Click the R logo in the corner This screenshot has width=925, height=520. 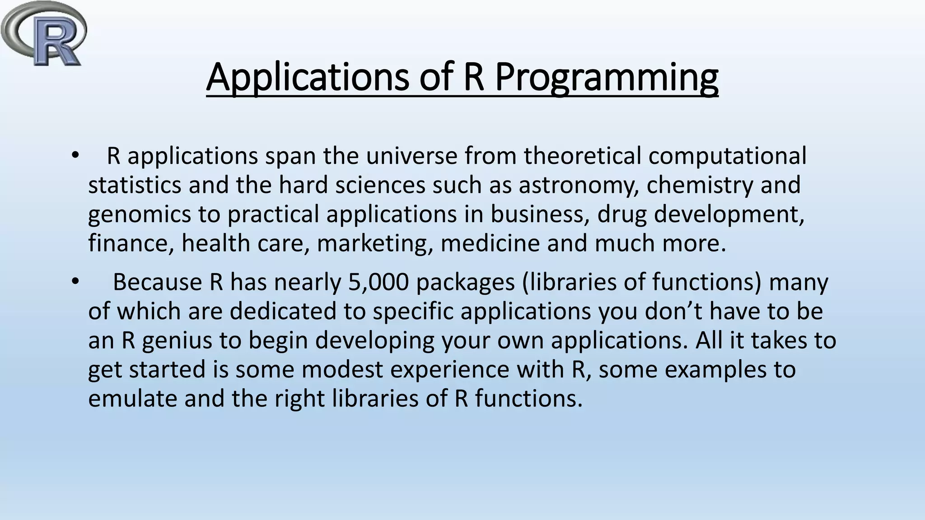(44, 33)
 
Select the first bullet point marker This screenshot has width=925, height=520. (75, 156)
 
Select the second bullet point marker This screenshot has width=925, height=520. (75, 282)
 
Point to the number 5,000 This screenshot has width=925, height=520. (378, 282)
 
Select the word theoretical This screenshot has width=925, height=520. (582, 156)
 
